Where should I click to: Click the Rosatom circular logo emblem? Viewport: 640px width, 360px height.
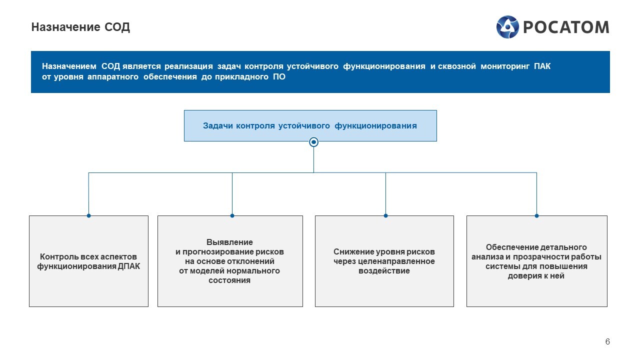tap(507, 27)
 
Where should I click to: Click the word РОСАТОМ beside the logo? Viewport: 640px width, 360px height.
tap(566, 27)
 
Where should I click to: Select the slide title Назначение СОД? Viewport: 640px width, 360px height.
tap(80, 27)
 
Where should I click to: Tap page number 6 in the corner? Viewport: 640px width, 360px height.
tap(607, 341)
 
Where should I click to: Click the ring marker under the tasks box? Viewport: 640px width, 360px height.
tap(313, 142)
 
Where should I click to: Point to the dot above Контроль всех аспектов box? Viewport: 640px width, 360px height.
tap(89, 215)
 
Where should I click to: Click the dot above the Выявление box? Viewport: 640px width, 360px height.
tap(232, 215)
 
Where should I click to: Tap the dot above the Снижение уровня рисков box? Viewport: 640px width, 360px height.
tap(385, 215)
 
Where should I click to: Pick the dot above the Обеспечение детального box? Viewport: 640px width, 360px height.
tap(536, 215)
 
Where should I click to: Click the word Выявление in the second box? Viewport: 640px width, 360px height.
tap(229, 242)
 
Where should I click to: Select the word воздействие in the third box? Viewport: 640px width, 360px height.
tap(384, 270)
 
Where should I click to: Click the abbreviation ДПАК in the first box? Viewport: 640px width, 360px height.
tap(129, 266)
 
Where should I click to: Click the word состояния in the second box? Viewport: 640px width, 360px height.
tap(229, 280)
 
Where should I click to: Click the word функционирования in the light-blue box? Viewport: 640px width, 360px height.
tap(375, 125)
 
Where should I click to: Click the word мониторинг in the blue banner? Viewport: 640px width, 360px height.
tap(505, 66)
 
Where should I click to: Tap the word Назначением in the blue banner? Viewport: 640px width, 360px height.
tap(69, 66)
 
